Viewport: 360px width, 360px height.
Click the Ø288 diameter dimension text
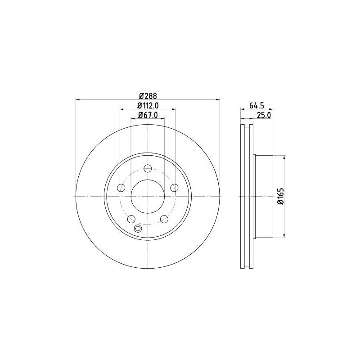pos(147,95)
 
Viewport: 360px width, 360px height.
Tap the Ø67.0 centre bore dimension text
pos(148,115)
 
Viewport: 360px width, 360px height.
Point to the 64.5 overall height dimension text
pos(256,107)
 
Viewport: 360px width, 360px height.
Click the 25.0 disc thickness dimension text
pos(263,116)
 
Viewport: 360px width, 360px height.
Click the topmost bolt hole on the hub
pos(148,169)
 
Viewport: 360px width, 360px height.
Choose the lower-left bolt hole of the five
pos(131,219)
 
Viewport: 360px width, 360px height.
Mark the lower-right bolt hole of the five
pos(164,219)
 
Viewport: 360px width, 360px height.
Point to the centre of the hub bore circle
pos(148,196)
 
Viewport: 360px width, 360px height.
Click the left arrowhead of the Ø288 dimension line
pos(77,99)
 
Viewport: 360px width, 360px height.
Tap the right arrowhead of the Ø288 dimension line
pos(219,99)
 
